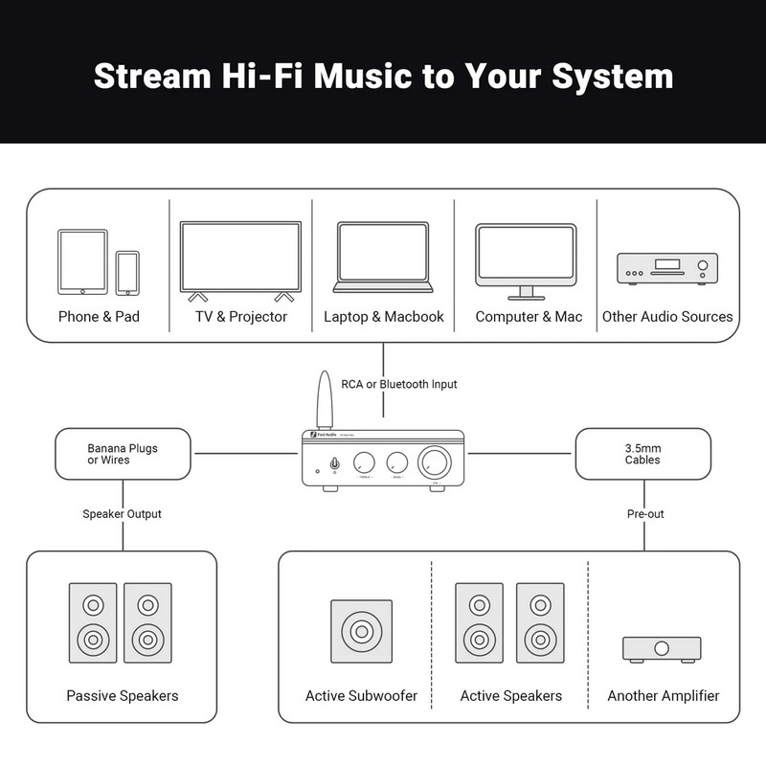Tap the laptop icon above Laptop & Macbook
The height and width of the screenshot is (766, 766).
(383, 257)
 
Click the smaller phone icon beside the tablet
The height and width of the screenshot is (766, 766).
(127, 273)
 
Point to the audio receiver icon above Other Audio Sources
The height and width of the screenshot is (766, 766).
(667, 268)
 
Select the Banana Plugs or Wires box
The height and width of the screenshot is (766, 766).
(123, 454)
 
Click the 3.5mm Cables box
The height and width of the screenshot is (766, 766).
(642, 454)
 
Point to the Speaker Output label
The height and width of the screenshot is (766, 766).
(122, 514)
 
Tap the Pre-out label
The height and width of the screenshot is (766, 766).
(645, 514)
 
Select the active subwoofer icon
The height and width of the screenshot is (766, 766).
(361, 632)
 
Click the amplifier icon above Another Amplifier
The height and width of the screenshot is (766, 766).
(662, 648)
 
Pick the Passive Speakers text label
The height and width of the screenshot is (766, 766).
(123, 695)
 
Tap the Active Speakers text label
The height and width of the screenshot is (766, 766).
(511, 695)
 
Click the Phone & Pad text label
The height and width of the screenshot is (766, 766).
(99, 316)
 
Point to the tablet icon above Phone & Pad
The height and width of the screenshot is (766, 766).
(82, 260)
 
